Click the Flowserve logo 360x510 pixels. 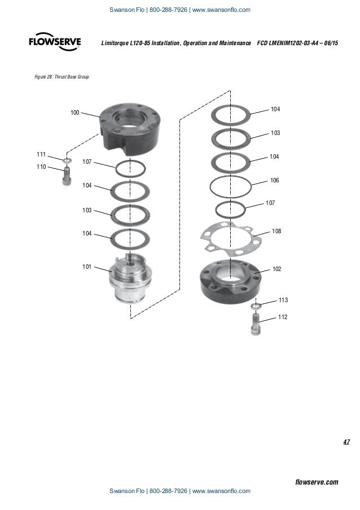tap(55, 43)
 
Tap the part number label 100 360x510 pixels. tap(74, 113)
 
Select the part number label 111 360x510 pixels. tap(41, 154)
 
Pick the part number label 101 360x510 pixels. tap(87, 267)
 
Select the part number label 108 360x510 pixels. tap(276, 232)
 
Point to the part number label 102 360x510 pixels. tap(276, 269)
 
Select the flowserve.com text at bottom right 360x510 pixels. tap(317, 482)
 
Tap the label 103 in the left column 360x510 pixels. tap(87, 210)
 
